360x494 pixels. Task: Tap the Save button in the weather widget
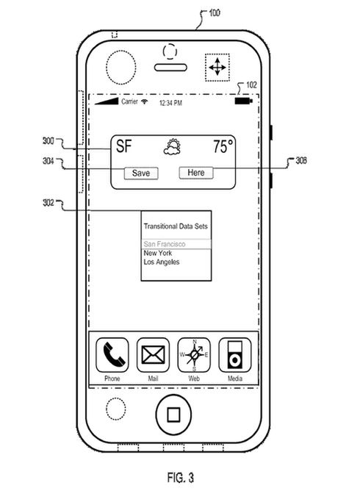pos(141,173)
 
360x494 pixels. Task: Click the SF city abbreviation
pos(123,146)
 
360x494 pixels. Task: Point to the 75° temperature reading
pos(223,146)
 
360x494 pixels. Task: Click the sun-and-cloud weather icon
pos(172,147)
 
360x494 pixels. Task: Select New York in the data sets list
pos(158,253)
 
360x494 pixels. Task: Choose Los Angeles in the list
pos(162,262)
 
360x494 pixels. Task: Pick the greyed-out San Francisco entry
pos(165,244)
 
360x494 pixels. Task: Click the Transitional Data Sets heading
pos(176,226)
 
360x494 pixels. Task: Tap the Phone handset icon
pos(112,355)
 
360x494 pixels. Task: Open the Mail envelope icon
pos(153,355)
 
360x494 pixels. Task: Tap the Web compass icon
pos(194,355)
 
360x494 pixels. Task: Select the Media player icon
pos(235,355)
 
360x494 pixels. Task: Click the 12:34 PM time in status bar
pos(170,103)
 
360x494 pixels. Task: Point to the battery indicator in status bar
pos(244,101)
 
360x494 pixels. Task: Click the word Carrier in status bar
pos(130,101)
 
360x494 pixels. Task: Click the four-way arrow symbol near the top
pos(217,67)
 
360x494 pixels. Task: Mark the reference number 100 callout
pos(215,13)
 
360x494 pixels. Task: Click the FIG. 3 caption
pos(181,478)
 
